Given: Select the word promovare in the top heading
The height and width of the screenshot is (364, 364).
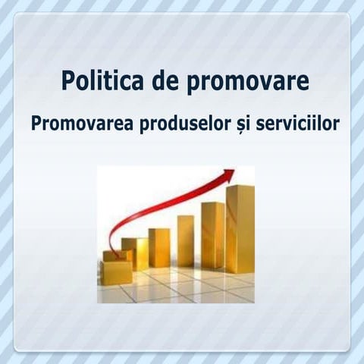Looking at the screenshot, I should point(244,80).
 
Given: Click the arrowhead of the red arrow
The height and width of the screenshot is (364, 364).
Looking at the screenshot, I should point(227,176).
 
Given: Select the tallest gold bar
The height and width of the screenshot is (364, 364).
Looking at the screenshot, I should point(240,231).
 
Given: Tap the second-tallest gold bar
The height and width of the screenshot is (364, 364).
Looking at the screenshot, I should point(213,237).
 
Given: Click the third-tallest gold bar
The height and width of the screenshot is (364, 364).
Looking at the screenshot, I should point(186,242).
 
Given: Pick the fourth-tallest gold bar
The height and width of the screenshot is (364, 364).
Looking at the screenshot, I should point(159,248).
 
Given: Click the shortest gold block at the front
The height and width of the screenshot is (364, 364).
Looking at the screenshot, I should point(117,271).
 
